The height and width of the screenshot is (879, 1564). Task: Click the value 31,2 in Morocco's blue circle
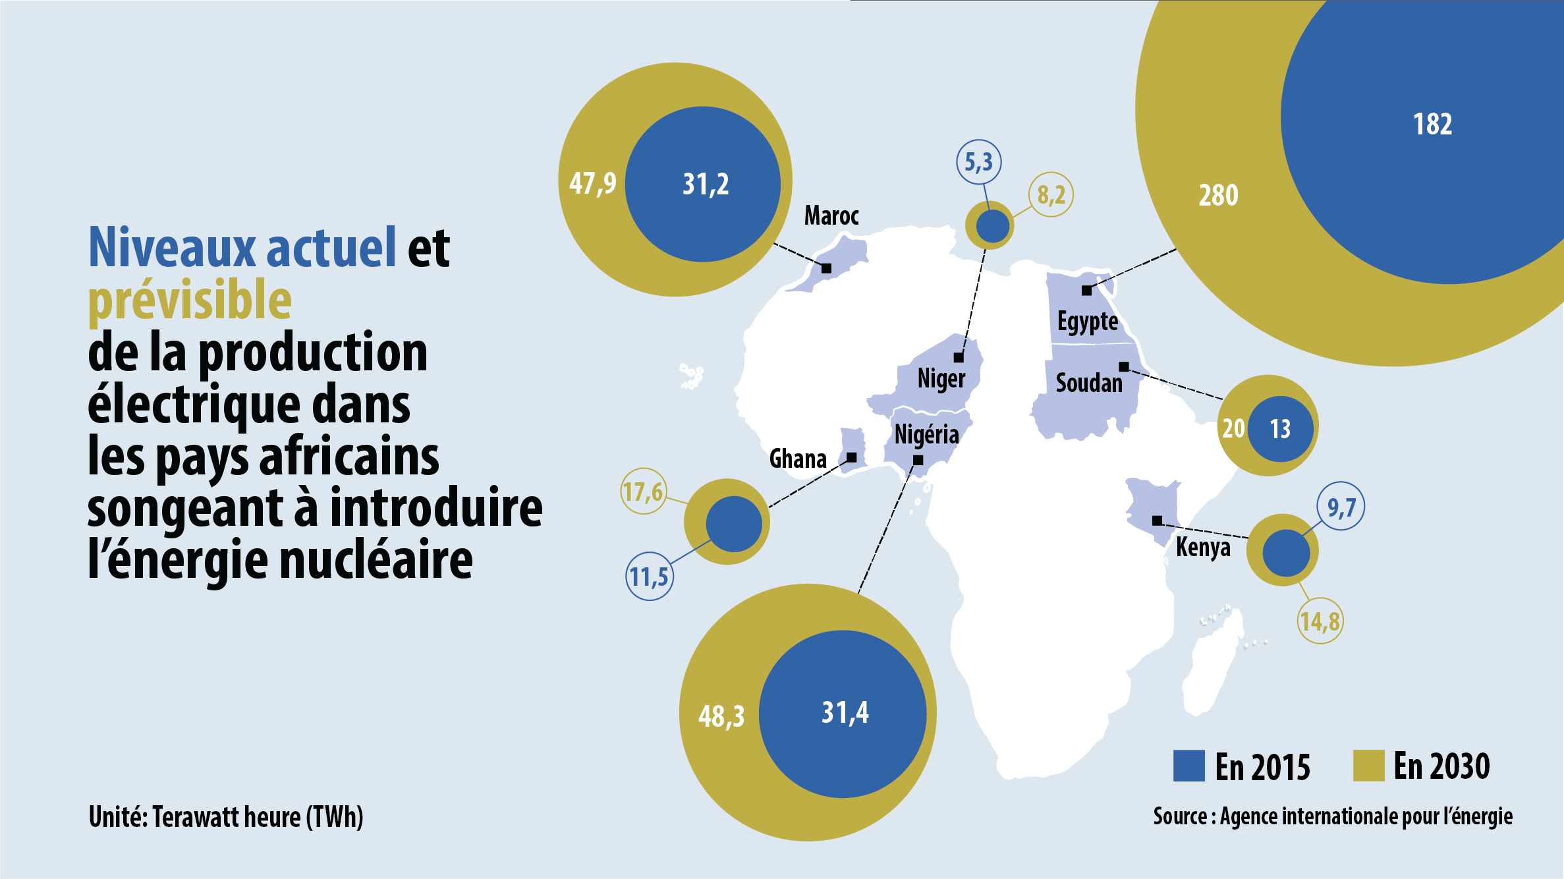[706, 184]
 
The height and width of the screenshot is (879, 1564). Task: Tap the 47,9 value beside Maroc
[592, 183]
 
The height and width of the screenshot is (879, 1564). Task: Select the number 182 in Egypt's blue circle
[1432, 124]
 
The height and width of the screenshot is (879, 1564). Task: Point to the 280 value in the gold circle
[1218, 195]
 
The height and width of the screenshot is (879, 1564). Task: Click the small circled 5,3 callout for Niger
[979, 162]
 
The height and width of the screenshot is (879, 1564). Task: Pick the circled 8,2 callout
[1051, 194]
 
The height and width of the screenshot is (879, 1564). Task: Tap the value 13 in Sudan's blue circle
[1280, 429]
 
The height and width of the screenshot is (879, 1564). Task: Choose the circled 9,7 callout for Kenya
[1341, 507]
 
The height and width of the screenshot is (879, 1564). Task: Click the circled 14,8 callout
[1320, 621]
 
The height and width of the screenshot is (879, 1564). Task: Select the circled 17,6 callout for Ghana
[643, 492]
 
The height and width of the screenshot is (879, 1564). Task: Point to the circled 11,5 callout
[649, 577]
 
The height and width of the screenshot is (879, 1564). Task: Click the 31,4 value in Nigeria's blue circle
[845, 712]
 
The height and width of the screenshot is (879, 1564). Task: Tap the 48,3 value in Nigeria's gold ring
[721, 716]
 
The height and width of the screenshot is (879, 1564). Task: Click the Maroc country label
[831, 215]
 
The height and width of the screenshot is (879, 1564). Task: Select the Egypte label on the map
[1088, 322]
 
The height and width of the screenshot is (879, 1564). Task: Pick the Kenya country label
[1203, 547]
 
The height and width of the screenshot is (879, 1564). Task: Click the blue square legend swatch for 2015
[1189, 766]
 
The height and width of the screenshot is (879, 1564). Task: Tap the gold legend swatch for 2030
[1368, 766]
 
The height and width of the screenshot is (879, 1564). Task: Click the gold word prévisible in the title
[190, 300]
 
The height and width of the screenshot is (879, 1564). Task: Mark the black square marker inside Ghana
[851, 457]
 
